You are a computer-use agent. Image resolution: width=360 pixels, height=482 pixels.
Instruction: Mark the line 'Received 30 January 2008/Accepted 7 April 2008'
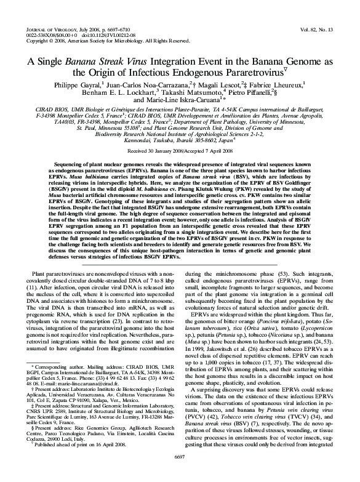coord(180,150)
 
